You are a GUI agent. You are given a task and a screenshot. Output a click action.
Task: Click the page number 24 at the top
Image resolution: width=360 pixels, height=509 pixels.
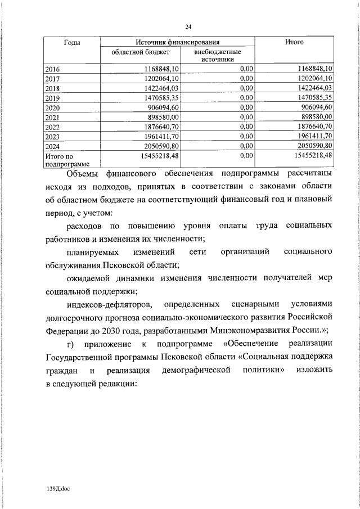coord(188,26)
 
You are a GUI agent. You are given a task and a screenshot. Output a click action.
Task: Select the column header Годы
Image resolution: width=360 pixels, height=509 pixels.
coord(71,42)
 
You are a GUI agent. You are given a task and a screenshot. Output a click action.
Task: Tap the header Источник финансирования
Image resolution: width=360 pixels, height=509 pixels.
coord(177,42)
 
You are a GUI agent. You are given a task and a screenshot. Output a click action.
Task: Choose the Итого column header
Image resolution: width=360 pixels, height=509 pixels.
coord(294,42)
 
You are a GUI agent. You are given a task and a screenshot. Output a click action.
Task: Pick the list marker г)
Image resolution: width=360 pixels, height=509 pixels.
coord(70,344)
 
